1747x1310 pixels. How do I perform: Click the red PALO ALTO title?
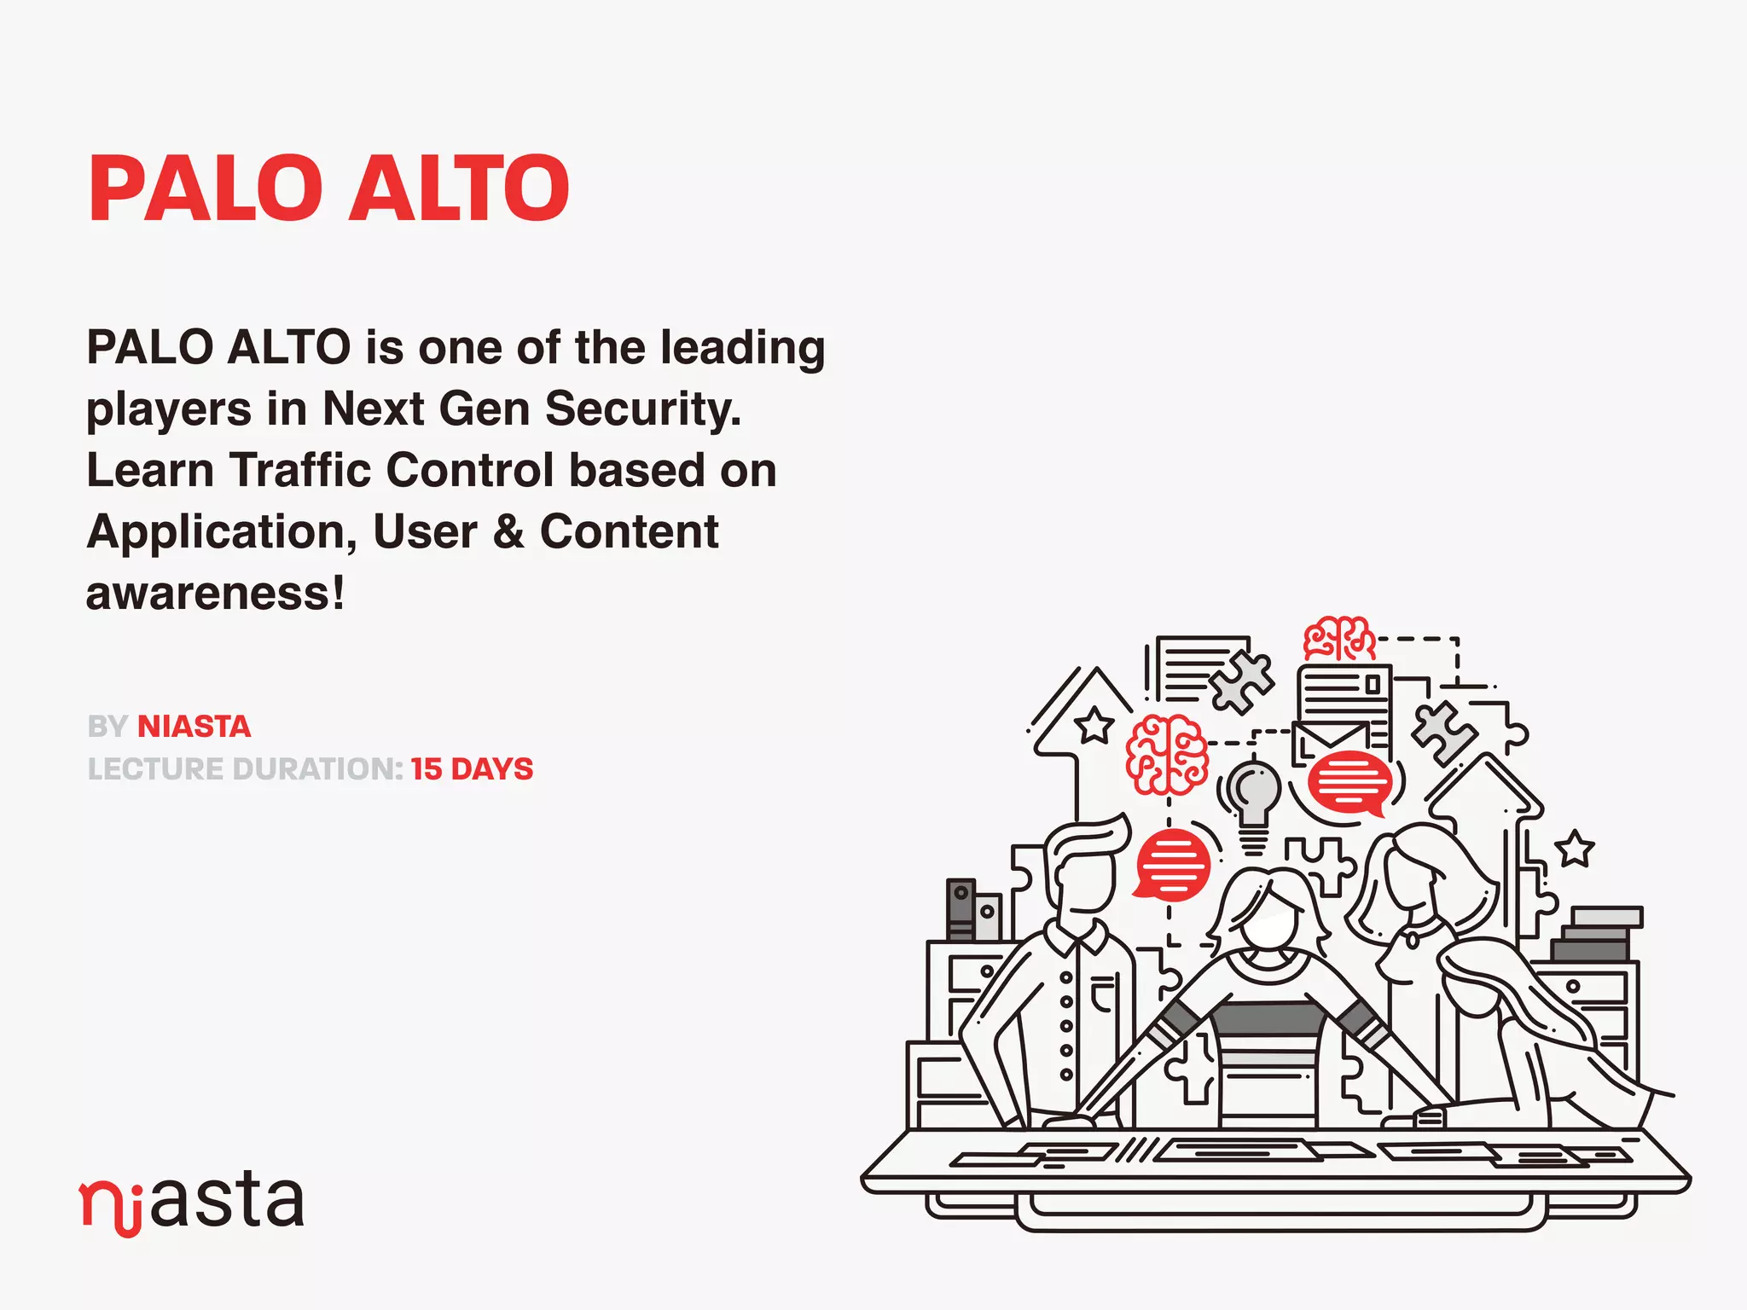(x=328, y=188)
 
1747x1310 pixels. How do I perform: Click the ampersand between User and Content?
(x=508, y=532)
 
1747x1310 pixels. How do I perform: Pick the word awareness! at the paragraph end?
(x=215, y=594)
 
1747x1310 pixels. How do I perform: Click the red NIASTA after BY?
(x=194, y=727)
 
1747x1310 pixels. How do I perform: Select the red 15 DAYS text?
(x=472, y=769)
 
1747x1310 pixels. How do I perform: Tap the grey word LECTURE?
(x=156, y=769)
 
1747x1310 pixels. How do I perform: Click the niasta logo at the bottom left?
(x=192, y=1203)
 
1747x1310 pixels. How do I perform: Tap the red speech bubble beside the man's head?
(x=1173, y=865)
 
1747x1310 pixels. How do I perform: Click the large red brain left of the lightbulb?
(x=1167, y=754)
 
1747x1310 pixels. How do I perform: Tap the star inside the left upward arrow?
(x=1094, y=727)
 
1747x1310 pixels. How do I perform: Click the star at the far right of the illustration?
(x=1574, y=849)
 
